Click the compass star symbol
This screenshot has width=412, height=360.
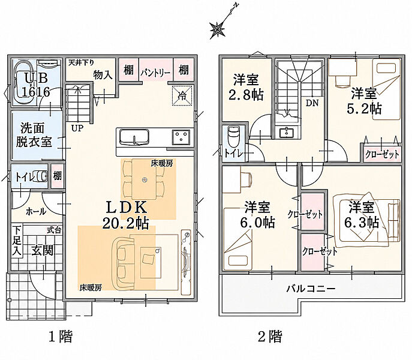click(217, 29)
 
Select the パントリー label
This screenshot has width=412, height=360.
click(155, 73)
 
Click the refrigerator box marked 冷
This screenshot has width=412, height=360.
click(182, 95)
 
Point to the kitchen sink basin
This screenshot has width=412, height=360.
click(134, 136)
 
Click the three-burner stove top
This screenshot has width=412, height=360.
click(181, 137)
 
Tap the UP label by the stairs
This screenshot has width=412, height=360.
click(77, 128)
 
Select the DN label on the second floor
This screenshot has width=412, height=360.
click(312, 103)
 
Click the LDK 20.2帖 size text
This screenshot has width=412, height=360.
click(126, 215)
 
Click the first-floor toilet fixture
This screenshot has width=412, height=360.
click(40, 176)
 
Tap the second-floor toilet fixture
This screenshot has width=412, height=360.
click(233, 136)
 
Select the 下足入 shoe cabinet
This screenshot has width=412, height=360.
click(17, 241)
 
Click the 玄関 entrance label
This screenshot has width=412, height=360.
click(43, 250)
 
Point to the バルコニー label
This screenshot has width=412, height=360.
click(311, 289)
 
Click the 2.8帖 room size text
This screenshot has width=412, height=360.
click(246, 95)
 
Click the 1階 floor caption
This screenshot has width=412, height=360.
click(61, 336)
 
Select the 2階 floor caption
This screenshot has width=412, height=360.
click(270, 336)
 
